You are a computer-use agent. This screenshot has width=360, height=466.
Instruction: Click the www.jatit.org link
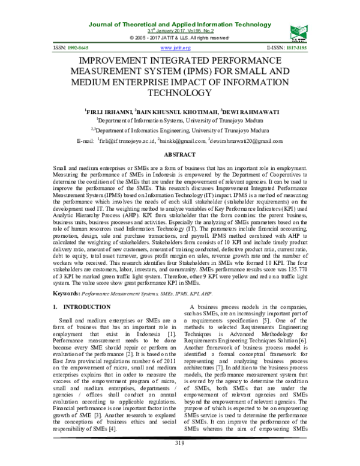point(176,47)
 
